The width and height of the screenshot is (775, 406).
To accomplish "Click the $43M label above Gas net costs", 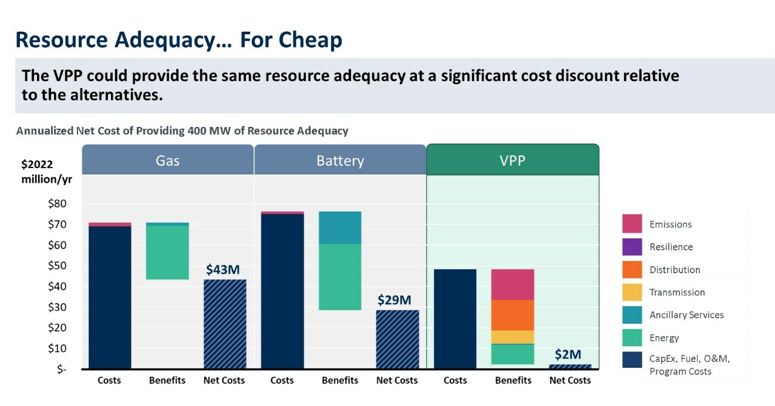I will pyautogui.click(x=223, y=270).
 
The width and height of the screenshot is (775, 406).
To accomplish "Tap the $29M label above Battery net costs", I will pyautogui.click(x=394, y=300).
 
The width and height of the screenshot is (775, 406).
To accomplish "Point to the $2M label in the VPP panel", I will pyautogui.click(x=568, y=354).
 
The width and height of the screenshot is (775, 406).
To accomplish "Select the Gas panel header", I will pyautogui.click(x=167, y=160).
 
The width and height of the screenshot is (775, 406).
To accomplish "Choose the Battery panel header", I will pyautogui.click(x=340, y=160).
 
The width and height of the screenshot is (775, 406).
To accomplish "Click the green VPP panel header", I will pyautogui.click(x=512, y=160).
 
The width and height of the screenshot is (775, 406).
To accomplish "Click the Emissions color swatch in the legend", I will pyautogui.click(x=632, y=224).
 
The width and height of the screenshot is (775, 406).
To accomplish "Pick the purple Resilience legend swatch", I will pyautogui.click(x=632, y=247).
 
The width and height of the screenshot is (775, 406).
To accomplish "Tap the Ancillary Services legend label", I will pyautogui.click(x=686, y=315).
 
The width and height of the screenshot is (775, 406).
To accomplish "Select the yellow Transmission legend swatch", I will pyautogui.click(x=632, y=292).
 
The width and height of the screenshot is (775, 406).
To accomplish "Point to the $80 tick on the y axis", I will pyautogui.click(x=57, y=204).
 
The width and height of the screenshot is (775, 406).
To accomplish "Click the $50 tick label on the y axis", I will pyautogui.click(x=57, y=266).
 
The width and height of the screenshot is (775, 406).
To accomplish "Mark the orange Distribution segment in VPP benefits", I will pyautogui.click(x=513, y=315).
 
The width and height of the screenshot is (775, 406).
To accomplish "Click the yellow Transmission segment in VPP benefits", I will pyautogui.click(x=513, y=337).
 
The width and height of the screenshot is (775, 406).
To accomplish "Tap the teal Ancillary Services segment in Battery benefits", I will pyautogui.click(x=340, y=227).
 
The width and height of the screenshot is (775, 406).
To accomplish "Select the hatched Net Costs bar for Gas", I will pyautogui.click(x=225, y=324).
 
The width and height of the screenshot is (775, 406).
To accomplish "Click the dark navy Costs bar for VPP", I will pyautogui.click(x=455, y=319).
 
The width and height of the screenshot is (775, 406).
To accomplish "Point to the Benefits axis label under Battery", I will pyautogui.click(x=340, y=381).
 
